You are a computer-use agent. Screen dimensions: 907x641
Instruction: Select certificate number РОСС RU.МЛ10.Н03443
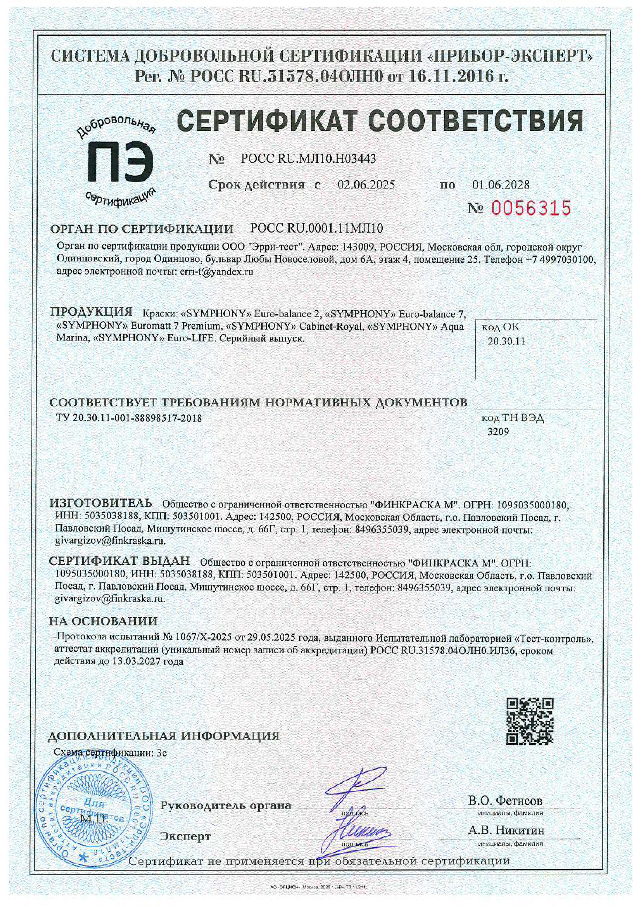pos(308,159)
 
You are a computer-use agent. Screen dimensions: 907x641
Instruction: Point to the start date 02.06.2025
pos(366,185)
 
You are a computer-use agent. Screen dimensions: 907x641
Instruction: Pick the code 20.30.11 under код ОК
pos(506,341)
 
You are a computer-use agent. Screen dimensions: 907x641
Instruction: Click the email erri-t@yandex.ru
pos(216,272)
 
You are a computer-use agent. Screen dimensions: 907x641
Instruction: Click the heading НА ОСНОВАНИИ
pos(103,621)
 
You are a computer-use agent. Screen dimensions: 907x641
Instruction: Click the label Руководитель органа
pos(226,805)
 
